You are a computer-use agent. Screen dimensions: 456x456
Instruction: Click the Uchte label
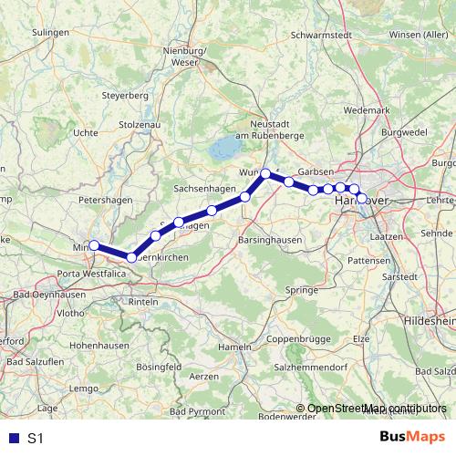86,132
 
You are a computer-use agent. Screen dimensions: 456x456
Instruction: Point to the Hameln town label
235,347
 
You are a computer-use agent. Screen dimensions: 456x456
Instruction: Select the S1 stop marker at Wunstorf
265,173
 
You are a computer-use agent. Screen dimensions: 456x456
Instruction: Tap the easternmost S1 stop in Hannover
362,198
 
